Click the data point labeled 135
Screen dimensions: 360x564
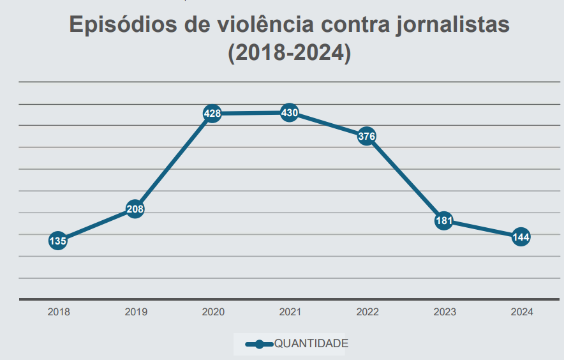coord(57,241)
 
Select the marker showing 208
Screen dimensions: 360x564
coord(135,209)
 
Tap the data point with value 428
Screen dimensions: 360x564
coord(212,114)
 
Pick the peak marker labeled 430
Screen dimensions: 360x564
coord(289,113)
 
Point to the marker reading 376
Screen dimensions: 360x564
coord(366,136)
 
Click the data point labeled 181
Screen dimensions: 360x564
coord(444,221)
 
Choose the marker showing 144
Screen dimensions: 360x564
coord(521,237)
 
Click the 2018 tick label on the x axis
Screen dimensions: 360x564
coord(59,312)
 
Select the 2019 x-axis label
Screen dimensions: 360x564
coord(136,312)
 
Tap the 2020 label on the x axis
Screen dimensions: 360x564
coord(213,312)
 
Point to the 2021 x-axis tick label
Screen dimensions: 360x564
coord(290,312)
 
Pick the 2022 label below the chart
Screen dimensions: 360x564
coord(367,312)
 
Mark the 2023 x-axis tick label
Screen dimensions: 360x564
coord(445,312)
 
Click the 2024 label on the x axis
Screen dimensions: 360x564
coord(522,312)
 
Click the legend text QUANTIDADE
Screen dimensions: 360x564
coord(311,343)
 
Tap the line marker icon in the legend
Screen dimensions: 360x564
coord(259,344)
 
